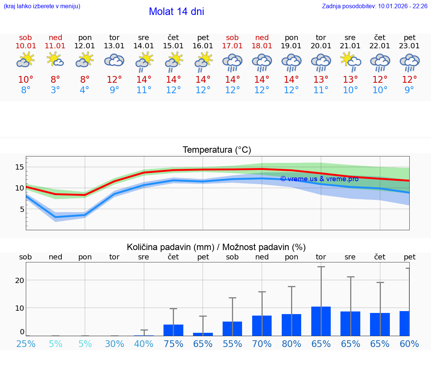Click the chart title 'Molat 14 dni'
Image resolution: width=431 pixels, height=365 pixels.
176,12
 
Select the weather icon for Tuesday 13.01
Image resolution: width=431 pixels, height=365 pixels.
114,61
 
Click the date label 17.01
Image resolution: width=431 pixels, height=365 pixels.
232,46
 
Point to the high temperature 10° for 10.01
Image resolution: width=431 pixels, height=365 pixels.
26,80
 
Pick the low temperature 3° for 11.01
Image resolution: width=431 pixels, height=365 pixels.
55,90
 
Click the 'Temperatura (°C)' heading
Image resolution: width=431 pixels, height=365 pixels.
217,150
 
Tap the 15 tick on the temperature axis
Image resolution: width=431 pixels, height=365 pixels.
19,167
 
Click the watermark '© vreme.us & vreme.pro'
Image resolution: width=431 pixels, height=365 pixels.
319,179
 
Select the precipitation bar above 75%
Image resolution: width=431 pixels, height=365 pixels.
173,330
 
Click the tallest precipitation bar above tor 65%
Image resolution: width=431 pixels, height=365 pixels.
321,321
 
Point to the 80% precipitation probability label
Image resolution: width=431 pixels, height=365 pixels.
291,344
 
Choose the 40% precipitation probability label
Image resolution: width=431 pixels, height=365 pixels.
144,344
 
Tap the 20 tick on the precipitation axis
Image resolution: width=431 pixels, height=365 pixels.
19,280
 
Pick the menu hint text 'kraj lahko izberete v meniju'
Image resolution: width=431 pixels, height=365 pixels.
42,6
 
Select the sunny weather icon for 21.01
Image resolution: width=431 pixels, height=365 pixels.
350,61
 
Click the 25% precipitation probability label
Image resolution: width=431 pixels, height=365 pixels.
26,344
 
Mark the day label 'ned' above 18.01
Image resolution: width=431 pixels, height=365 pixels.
262,38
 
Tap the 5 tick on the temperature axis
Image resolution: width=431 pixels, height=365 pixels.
22,209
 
